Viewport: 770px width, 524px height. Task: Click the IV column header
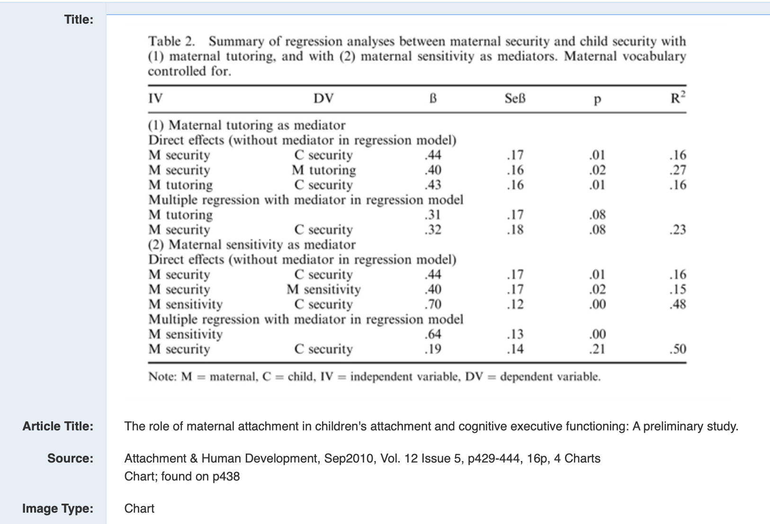tap(155, 98)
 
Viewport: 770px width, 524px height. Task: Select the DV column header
tap(323, 98)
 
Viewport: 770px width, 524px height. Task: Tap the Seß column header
tap(515, 98)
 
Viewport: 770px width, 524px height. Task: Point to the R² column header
tap(678, 98)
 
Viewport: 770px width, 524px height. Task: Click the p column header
tap(597, 99)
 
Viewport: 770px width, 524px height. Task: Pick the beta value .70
tap(433, 304)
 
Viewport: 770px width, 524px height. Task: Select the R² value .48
tap(678, 304)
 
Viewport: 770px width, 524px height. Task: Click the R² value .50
tap(678, 349)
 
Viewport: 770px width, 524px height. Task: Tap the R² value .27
tap(678, 170)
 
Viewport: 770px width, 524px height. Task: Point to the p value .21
tap(597, 349)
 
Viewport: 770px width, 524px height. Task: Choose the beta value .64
tap(433, 334)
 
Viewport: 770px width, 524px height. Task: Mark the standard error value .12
tap(515, 304)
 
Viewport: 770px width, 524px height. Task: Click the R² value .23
tap(678, 229)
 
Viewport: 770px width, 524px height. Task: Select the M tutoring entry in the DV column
tap(323, 170)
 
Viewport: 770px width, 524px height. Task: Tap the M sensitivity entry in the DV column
tap(323, 289)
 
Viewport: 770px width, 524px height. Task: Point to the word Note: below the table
tap(162, 376)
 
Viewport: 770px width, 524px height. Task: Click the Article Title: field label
tap(58, 426)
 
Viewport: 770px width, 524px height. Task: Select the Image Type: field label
tap(57, 508)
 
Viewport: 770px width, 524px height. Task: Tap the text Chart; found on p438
tap(182, 476)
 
